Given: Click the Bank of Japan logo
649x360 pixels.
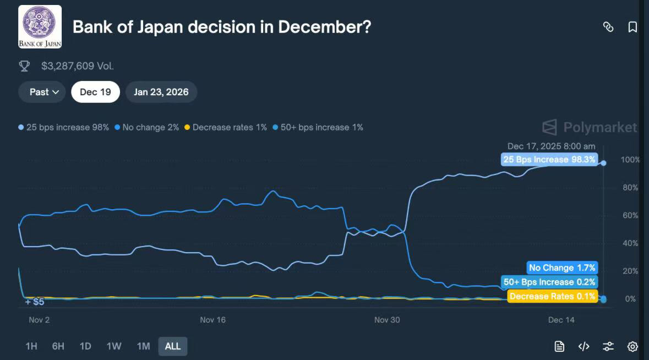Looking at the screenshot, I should click(40, 26).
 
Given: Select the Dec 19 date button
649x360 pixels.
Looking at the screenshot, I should click(95, 92).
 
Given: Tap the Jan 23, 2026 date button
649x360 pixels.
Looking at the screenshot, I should click(161, 92).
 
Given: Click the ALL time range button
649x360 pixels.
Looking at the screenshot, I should click(172, 346).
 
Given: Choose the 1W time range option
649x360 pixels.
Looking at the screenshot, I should click(114, 346).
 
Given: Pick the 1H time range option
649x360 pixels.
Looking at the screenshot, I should click(31, 346).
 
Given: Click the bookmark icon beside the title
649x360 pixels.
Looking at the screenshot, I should click(632, 27).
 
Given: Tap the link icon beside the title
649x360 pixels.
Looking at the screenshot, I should click(608, 27).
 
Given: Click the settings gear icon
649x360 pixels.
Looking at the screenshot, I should click(632, 346).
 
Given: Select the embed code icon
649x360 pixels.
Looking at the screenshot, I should click(584, 346).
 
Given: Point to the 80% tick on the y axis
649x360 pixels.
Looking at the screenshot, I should click(629, 188).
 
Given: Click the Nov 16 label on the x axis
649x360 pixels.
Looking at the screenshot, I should click(213, 320).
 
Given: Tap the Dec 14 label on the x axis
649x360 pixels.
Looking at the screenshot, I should click(561, 320).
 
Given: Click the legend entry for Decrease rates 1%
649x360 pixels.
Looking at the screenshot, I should click(226, 127).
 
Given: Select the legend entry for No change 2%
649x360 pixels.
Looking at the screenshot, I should click(148, 127).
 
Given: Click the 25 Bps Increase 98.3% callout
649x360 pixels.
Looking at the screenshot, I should click(549, 160).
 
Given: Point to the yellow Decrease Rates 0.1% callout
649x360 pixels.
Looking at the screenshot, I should click(552, 296).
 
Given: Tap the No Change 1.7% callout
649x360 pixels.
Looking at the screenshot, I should click(561, 268).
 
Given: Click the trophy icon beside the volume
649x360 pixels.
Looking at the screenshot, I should click(24, 66).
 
